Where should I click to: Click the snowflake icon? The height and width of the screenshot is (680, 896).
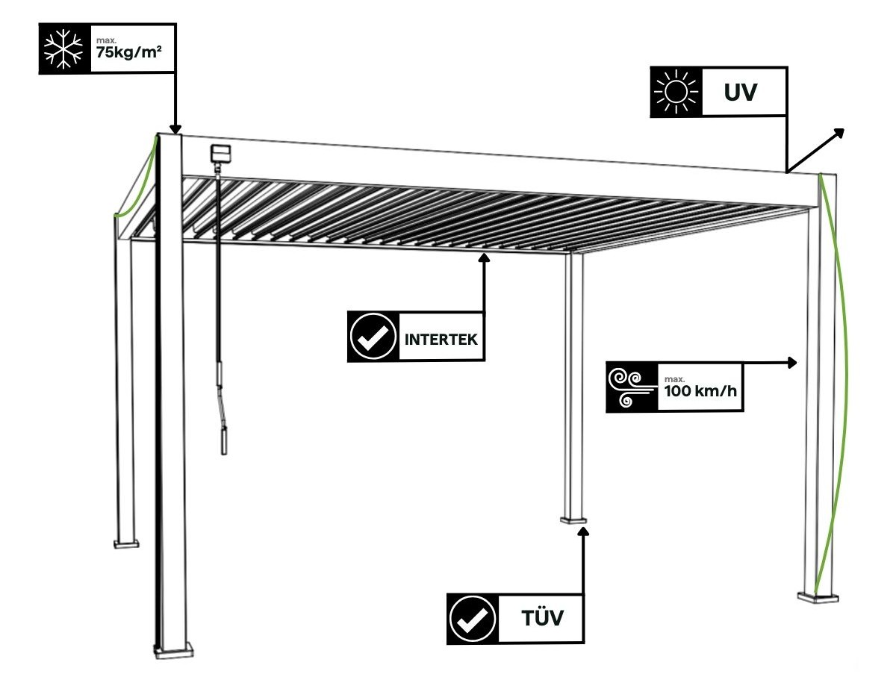pos(63,47)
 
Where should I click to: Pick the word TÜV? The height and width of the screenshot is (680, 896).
pos(541,619)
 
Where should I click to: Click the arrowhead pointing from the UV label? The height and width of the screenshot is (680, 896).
pos(839,134)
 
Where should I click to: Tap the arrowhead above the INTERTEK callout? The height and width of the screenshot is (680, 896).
pos(485,258)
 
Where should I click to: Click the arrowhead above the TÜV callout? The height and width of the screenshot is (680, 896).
pos(584,531)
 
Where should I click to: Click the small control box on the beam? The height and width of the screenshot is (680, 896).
pos(220,155)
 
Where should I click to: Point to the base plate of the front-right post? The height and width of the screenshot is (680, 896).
pos(817,596)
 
